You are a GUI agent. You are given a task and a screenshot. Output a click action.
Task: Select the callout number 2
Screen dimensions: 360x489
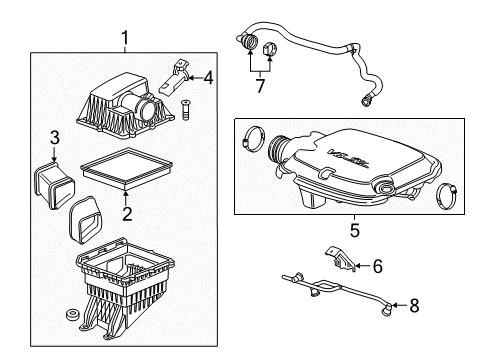point(126,211)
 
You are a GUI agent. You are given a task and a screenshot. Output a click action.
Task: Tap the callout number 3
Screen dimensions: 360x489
point(55,138)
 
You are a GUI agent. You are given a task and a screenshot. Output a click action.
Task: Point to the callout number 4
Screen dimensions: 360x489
point(208,75)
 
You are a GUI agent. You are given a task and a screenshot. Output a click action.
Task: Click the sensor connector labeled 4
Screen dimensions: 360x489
point(181,73)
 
